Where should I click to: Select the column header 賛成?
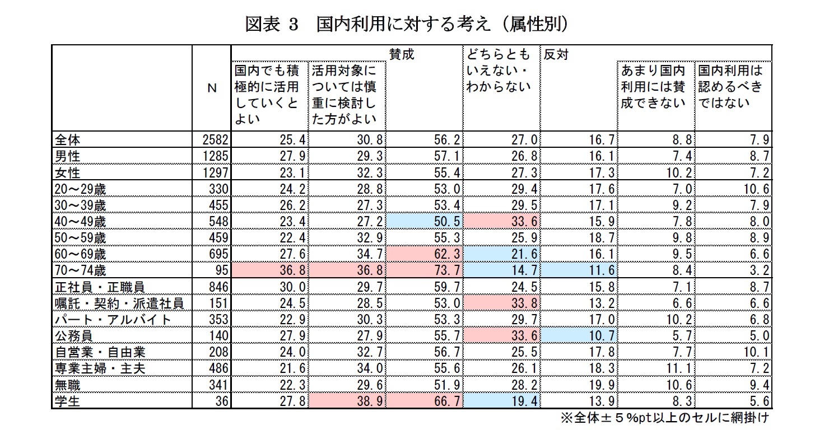tap(402, 54)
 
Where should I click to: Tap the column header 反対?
tap(555, 54)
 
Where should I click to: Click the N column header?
tap(211, 88)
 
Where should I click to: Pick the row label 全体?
tap(66, 139)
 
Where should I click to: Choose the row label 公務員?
tap(73, 336)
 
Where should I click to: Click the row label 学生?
tap(66, 402)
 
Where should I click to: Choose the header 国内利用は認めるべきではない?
tap(731, 87)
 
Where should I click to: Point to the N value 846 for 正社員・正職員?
tap(218, 287)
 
